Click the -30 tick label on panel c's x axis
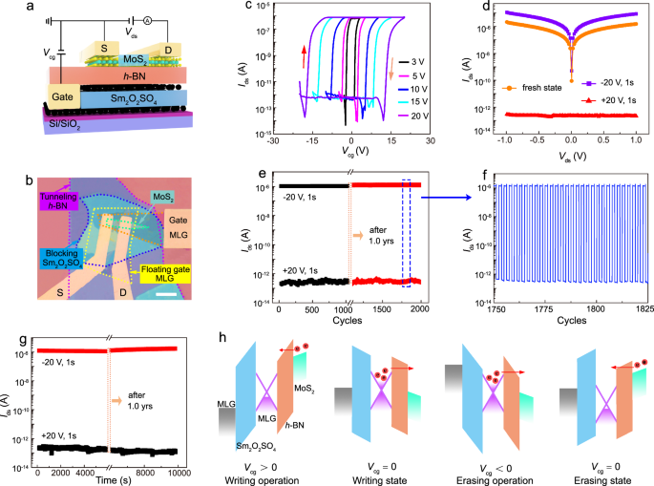pyautogui.click(x=271, y=141)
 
